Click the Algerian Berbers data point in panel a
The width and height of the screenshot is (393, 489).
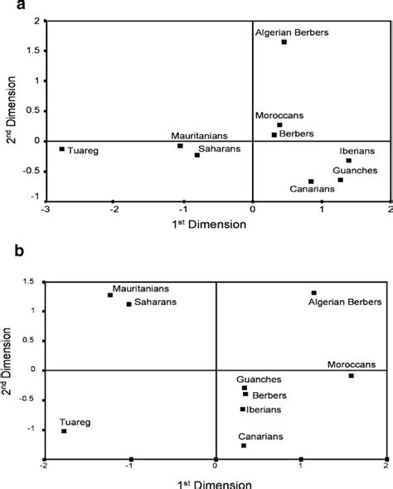point(284,41)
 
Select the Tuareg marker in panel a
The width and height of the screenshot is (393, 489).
point(61,149)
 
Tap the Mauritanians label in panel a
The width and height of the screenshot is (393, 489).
point(195,135)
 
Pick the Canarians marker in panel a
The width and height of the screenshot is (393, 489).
point(311,182)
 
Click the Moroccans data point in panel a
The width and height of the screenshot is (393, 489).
point(279,125)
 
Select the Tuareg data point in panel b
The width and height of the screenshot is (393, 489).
point(64,431)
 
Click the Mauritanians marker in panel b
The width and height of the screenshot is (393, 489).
point(109,295)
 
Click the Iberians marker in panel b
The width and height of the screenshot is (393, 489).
point(242,409)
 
